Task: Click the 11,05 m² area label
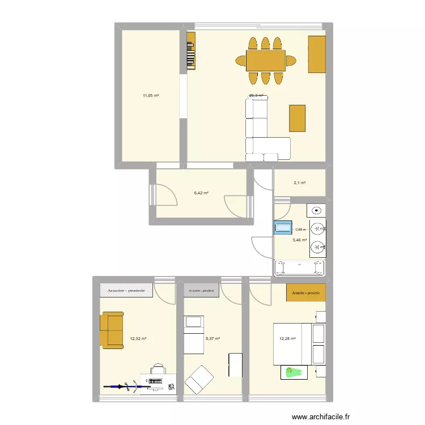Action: point(151,96)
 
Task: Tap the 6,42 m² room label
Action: point(201,193)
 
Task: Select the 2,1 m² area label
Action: point(300,182)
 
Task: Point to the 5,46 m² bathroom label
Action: point(300,240)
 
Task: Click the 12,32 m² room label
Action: point(138,339)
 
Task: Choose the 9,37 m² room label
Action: point(212,339)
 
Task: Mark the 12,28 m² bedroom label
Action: point(288,339)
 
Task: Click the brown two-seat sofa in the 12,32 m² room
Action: point(112,330)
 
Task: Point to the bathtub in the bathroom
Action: point(300,267)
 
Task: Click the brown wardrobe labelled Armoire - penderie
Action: point(306,292)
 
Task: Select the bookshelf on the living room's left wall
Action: point(192,50)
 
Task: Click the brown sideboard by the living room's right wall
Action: point(317,54)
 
